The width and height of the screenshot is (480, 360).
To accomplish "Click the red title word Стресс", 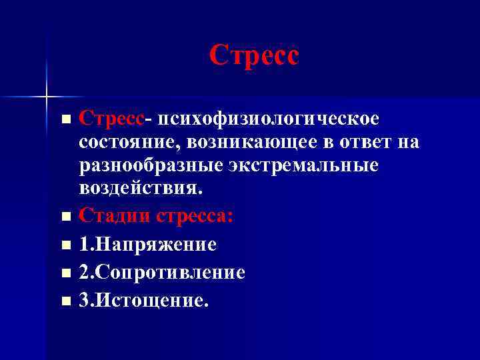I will coord(254,55).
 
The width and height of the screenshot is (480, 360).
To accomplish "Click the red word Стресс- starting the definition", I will coord(113,118).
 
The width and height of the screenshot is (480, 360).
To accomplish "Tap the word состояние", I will coord(130,141).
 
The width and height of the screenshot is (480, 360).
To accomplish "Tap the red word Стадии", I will coord(115,216).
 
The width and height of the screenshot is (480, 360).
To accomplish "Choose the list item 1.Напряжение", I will coord(147,245).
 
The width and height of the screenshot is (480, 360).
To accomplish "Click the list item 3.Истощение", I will coord(143,301).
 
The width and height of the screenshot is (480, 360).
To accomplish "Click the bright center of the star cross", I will coord(47,97).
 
